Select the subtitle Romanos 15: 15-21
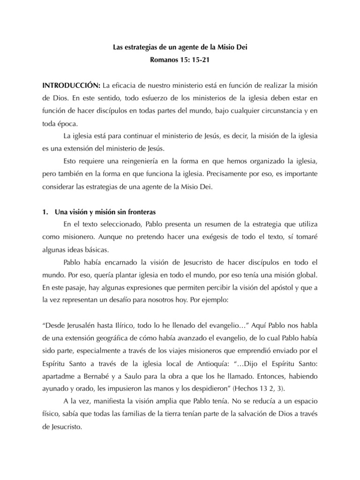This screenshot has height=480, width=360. point(180,60)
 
